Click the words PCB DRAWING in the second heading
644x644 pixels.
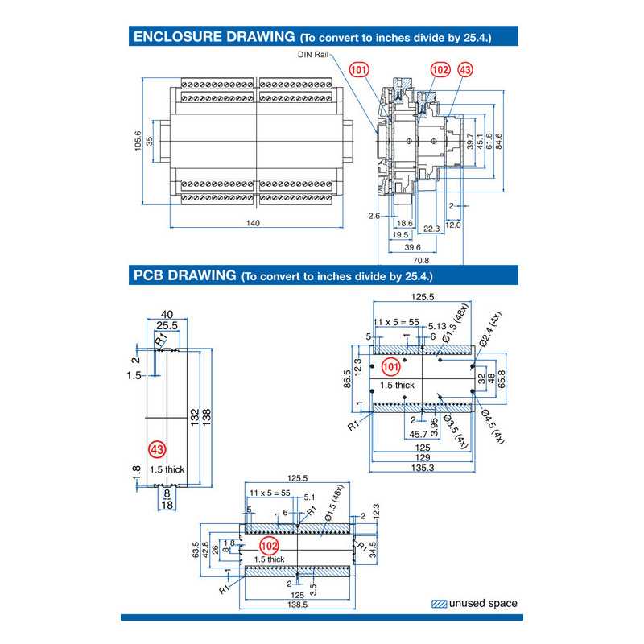click(x=184, y=275)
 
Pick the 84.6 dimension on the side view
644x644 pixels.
click(x=499, y=141)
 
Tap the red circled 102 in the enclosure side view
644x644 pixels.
click(x=440, y=70)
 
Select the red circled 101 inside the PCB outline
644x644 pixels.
click(x=390, y=367)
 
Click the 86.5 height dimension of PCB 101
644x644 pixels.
click(x=347, y=378)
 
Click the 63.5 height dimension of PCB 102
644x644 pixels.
click(x=196, y=549)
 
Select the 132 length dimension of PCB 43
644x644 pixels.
click(x=194, y=416)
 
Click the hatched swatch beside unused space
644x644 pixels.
click(x=439, y=603)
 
